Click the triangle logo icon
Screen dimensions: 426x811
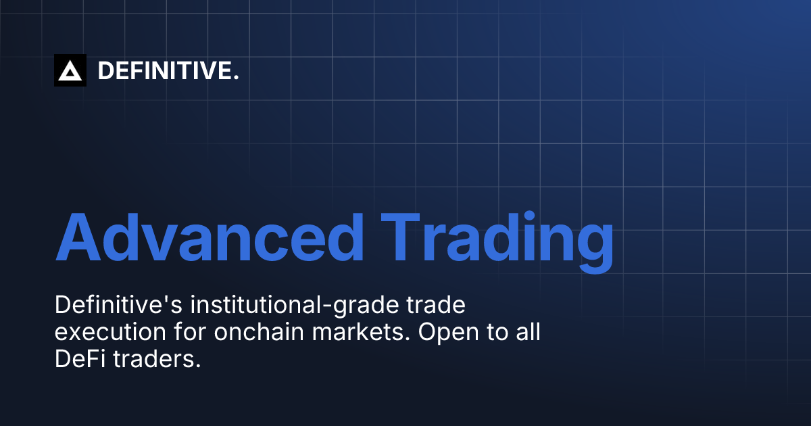click(x=70, y=70)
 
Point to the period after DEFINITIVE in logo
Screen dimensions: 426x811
click(x=236, y=78)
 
